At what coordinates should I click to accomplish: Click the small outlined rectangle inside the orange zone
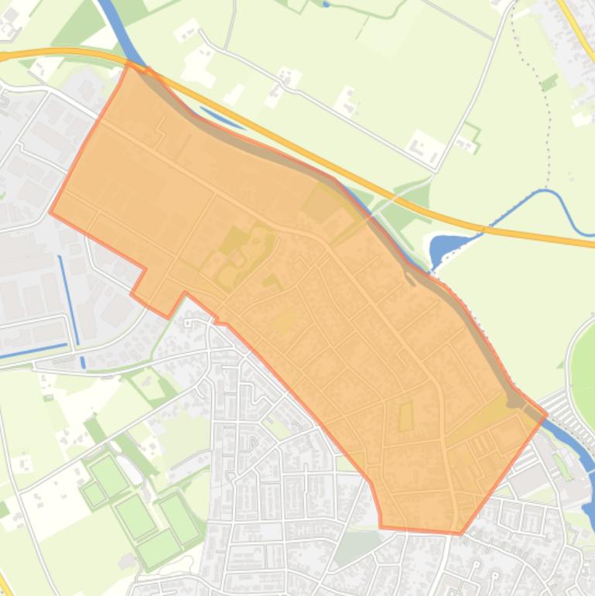click(405, 418)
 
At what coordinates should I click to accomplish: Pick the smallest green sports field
click(94, 493)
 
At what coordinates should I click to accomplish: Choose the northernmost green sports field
click(108, 474)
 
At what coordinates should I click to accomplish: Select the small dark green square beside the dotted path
click(549, 82)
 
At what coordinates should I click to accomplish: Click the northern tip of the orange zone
click(130, 65)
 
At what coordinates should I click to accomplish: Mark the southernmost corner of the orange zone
click(460, 533)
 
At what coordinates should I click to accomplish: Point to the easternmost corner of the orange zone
click(546, 414)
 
